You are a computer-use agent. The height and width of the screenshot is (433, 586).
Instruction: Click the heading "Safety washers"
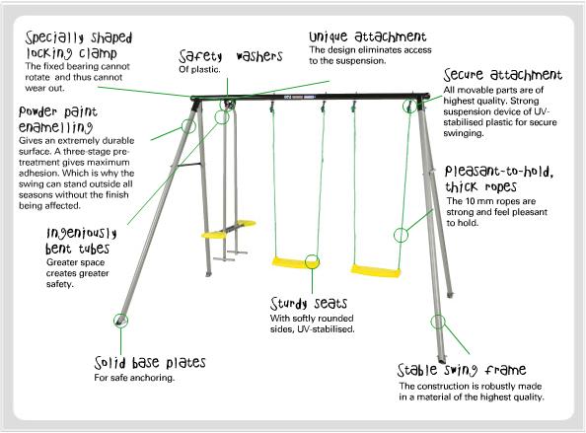click(x=230, y=56)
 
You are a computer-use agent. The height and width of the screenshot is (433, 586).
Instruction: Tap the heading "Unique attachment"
click(x=368, y=36)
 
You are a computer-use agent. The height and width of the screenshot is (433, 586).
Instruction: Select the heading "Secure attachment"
click(x=503, y=75)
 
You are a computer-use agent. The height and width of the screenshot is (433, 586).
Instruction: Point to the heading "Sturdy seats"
click(x=309, y=304)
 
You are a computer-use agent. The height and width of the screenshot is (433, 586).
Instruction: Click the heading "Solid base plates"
click(x=150, y=362)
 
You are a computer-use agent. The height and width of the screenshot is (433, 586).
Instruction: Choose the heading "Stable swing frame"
click(x=462, y=370)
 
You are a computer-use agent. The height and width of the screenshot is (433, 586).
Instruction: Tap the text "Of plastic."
click(x=199, y=69)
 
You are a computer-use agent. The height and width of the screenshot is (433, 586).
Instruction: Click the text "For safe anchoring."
click(x=134, y=378)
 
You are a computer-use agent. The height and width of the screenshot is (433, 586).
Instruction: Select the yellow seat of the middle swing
click(x=295, y=262)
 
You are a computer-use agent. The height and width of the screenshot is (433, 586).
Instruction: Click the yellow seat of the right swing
click(x=375, y=271)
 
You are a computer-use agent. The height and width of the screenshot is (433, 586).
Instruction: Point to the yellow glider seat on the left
click(x=228, y=229)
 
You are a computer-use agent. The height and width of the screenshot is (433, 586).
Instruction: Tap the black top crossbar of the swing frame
click(x=310, y=97)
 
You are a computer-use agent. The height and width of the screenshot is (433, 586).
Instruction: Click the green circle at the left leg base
click(x=120, y=321)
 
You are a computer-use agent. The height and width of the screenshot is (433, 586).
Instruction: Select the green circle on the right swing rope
click(x=401, y=235)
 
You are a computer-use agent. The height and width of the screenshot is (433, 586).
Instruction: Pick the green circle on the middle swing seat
click(x=312, y=262)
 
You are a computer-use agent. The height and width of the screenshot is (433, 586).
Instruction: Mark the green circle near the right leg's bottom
click(x=438, y=322)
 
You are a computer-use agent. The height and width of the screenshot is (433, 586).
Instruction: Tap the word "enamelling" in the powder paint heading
click(x=55, y=127)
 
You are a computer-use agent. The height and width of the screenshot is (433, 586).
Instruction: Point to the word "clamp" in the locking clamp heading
click(x=98, y=53)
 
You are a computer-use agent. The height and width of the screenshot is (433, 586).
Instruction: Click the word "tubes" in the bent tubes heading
click(x=94, y=249)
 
